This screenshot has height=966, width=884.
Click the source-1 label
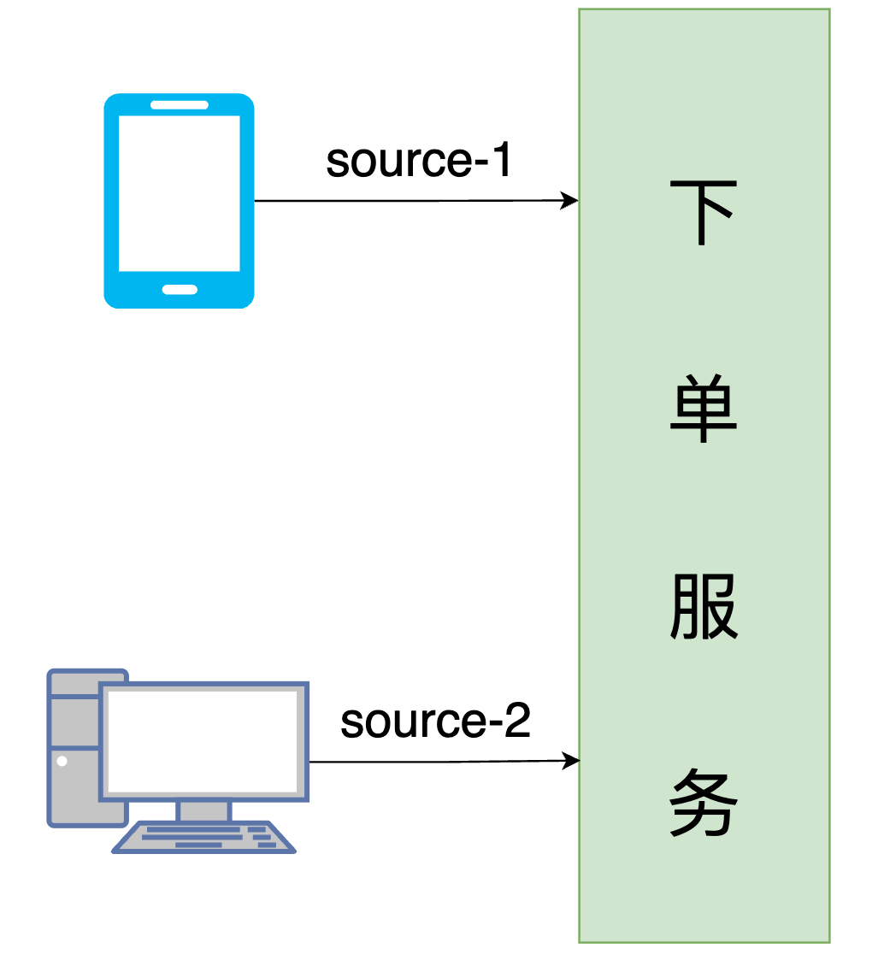[x=419, y=161]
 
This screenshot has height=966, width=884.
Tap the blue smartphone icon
[x=179, y=201]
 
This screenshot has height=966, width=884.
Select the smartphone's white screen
[x=179, y=193]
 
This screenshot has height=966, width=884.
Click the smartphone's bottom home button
[x=180, y=290]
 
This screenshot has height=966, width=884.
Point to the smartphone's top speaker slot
[x=180, y=105]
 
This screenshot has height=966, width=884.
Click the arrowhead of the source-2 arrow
[x=572, y=760]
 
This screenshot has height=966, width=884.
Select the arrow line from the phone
[x=410, y=201]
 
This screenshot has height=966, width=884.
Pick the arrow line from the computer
[x=436, y=761]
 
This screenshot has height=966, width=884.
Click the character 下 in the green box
[x=703, y=212]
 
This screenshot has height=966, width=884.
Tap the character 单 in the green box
[x=703, y=409]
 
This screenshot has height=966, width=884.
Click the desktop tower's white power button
[x=62, y=761]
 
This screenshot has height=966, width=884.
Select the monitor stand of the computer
[x=204, y=810]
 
